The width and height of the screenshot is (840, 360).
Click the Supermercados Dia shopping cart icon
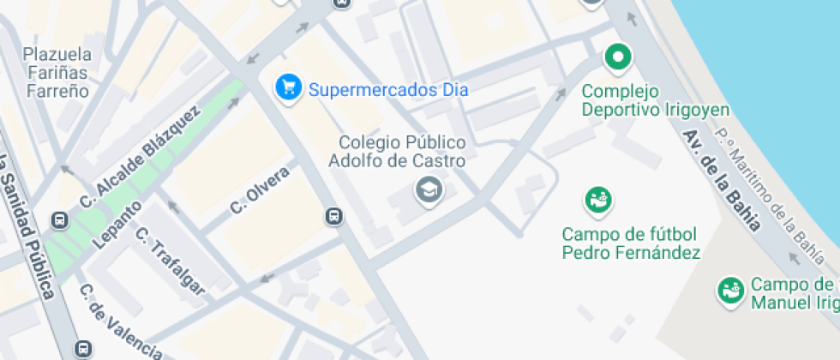(x=289, y=87)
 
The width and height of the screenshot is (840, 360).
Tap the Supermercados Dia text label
(x=387, y=88)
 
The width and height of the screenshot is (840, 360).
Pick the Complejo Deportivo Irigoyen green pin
(x=617, y=59)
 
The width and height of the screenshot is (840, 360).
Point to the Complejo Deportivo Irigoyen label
(x=656, y=100)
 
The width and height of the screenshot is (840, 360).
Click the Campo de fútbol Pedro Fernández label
(x=631, y=243)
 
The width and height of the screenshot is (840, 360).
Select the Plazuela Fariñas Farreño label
(x=57, y=72)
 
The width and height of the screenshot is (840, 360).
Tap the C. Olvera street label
(x=260, y=190)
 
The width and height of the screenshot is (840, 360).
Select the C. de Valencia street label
(x=120, y=322)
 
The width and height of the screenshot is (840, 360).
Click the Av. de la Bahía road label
(x=723, y=180)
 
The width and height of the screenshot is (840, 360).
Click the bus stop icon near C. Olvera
(x=334, y=217)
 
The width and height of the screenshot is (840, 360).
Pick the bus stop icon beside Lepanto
(x=60, y=221)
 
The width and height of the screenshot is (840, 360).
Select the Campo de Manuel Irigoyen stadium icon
(x=730, y=290)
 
